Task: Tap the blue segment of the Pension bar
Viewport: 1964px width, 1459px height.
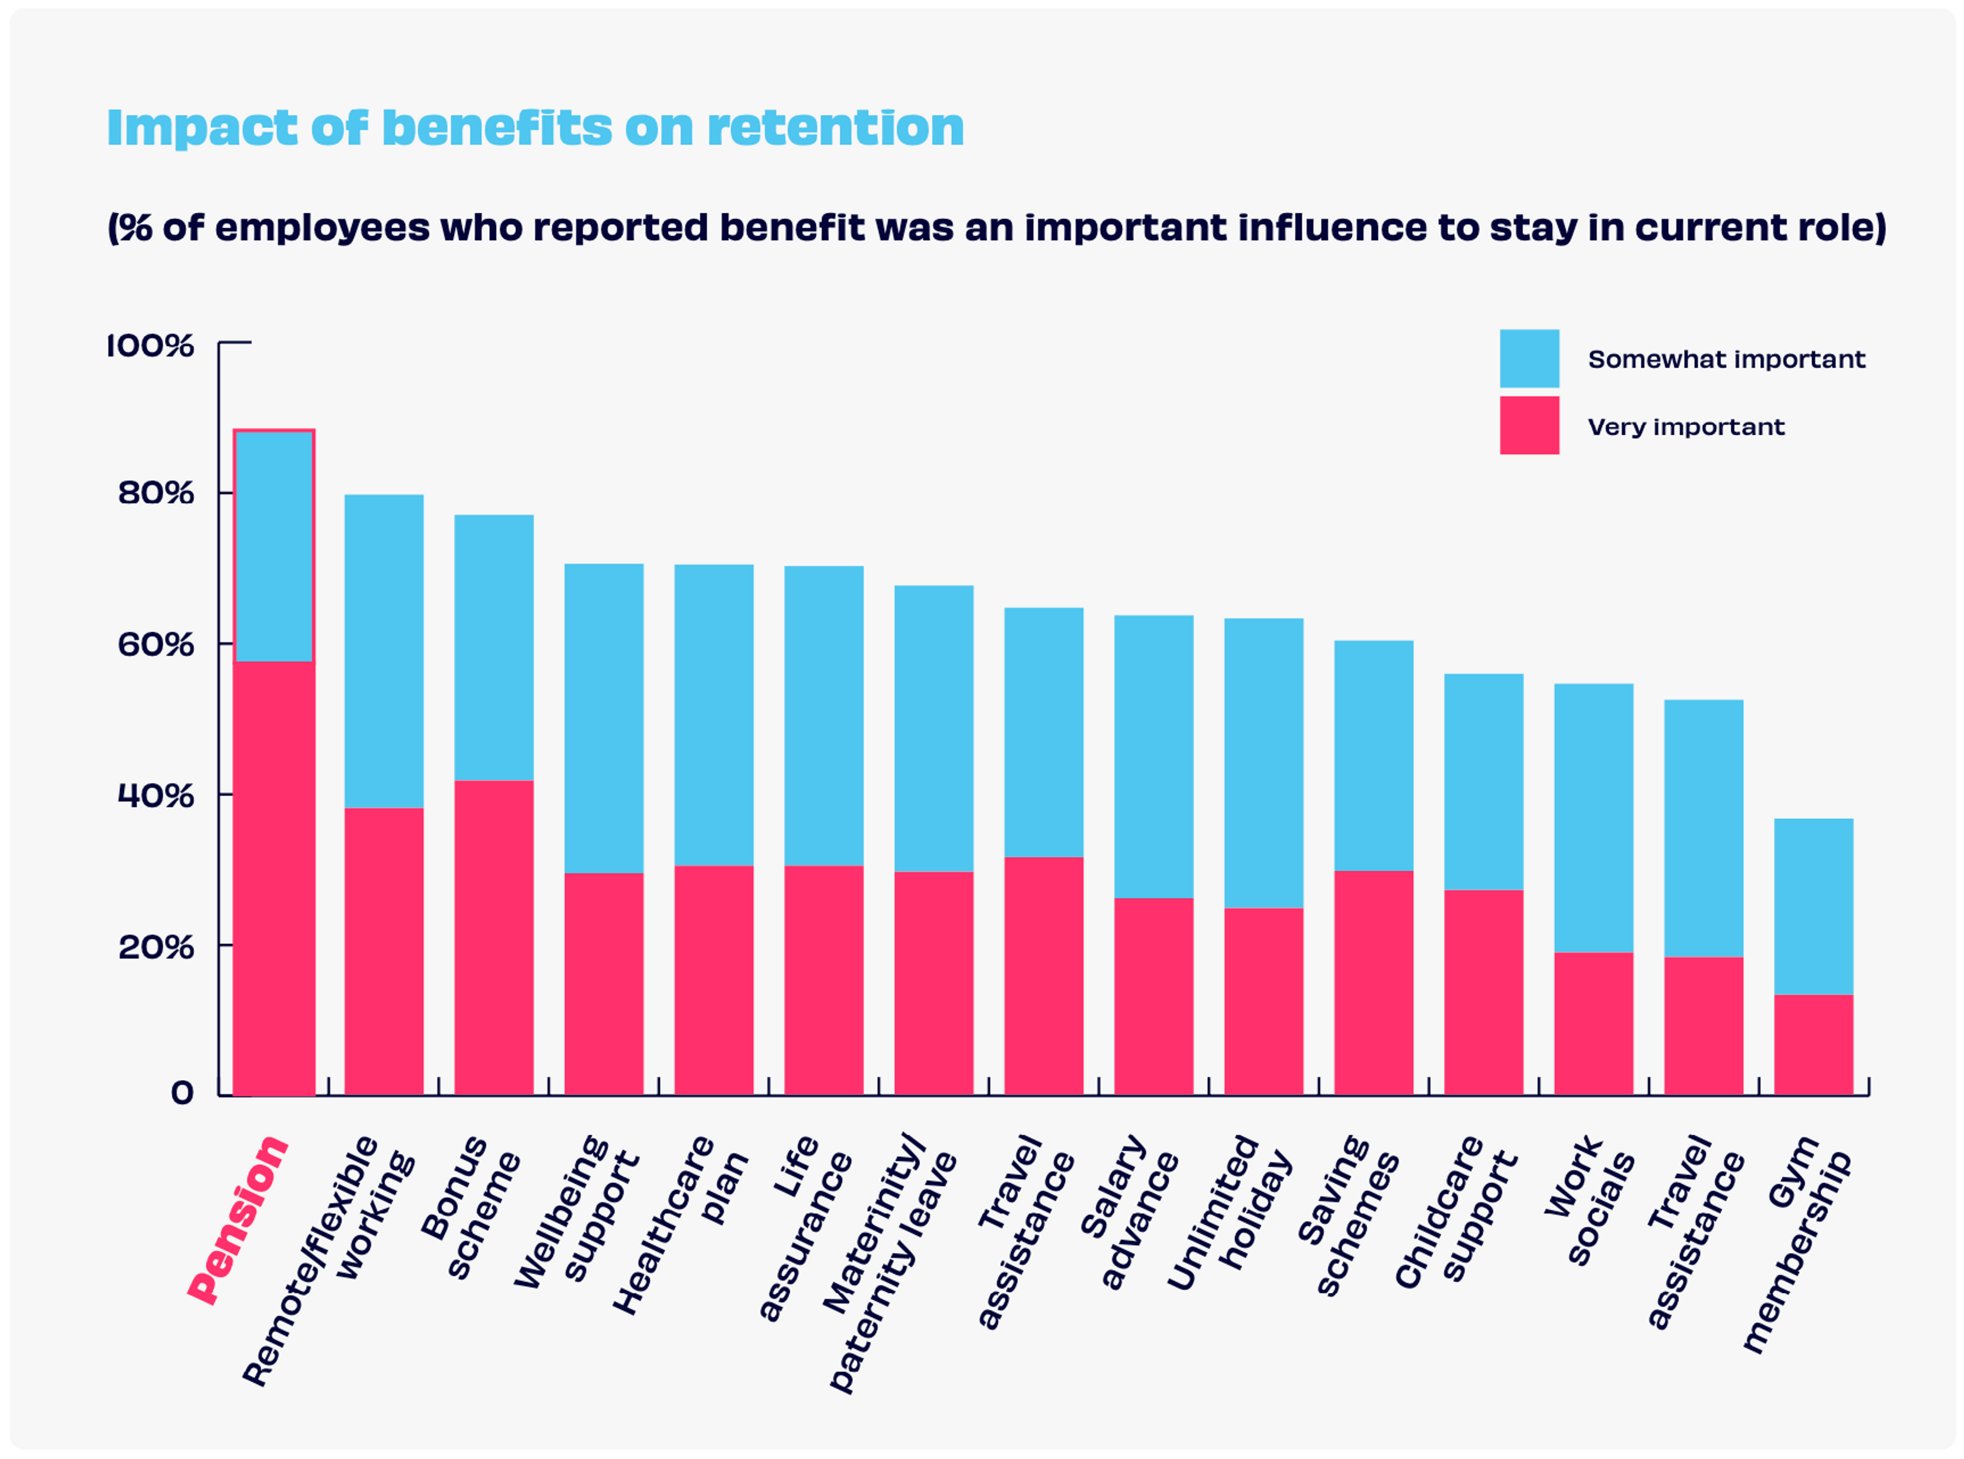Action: pyautogui.click(x=274, y=546)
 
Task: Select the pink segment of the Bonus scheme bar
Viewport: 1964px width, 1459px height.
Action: pyautogui.click(x=494, y=936)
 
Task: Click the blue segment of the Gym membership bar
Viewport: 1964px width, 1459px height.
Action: pyautogui.click(x=1813, y=905)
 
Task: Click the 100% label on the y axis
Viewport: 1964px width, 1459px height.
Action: pyautogui.click(x=150, y=345)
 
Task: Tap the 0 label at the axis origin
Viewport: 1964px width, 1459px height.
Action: pyautogui.click(x=182, y=1093)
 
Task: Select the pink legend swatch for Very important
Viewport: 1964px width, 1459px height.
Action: pyautogui.click(x=1529, y=426)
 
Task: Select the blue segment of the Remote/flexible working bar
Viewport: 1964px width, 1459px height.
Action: pyautogui.click(x=383, y=650)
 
